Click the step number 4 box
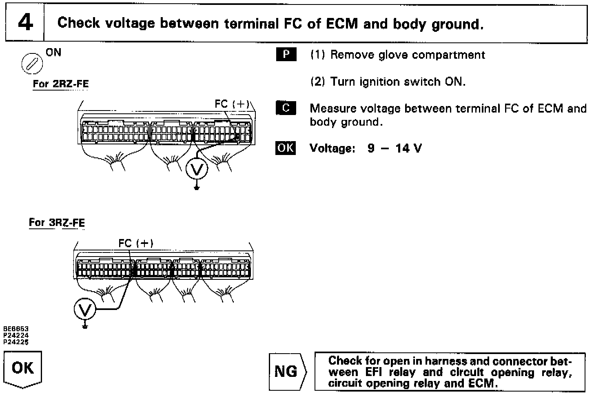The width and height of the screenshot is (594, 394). coord(25,23)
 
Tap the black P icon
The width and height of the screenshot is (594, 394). coord(286,55)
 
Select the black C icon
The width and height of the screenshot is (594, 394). coord(286,108)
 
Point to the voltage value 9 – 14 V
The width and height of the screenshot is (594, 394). coord(395,148)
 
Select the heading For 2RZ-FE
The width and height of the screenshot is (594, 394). coord(60,84)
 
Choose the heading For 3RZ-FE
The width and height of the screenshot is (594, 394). coord(57,223)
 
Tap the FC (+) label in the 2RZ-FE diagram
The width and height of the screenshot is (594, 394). coord(232,104)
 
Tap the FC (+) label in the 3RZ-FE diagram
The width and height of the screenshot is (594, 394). coord(136,243)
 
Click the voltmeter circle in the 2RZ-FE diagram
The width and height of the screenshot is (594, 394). coord(197,169)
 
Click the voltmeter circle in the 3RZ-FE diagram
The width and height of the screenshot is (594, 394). coord(85,310)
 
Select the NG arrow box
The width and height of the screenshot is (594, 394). coord(287,372)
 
